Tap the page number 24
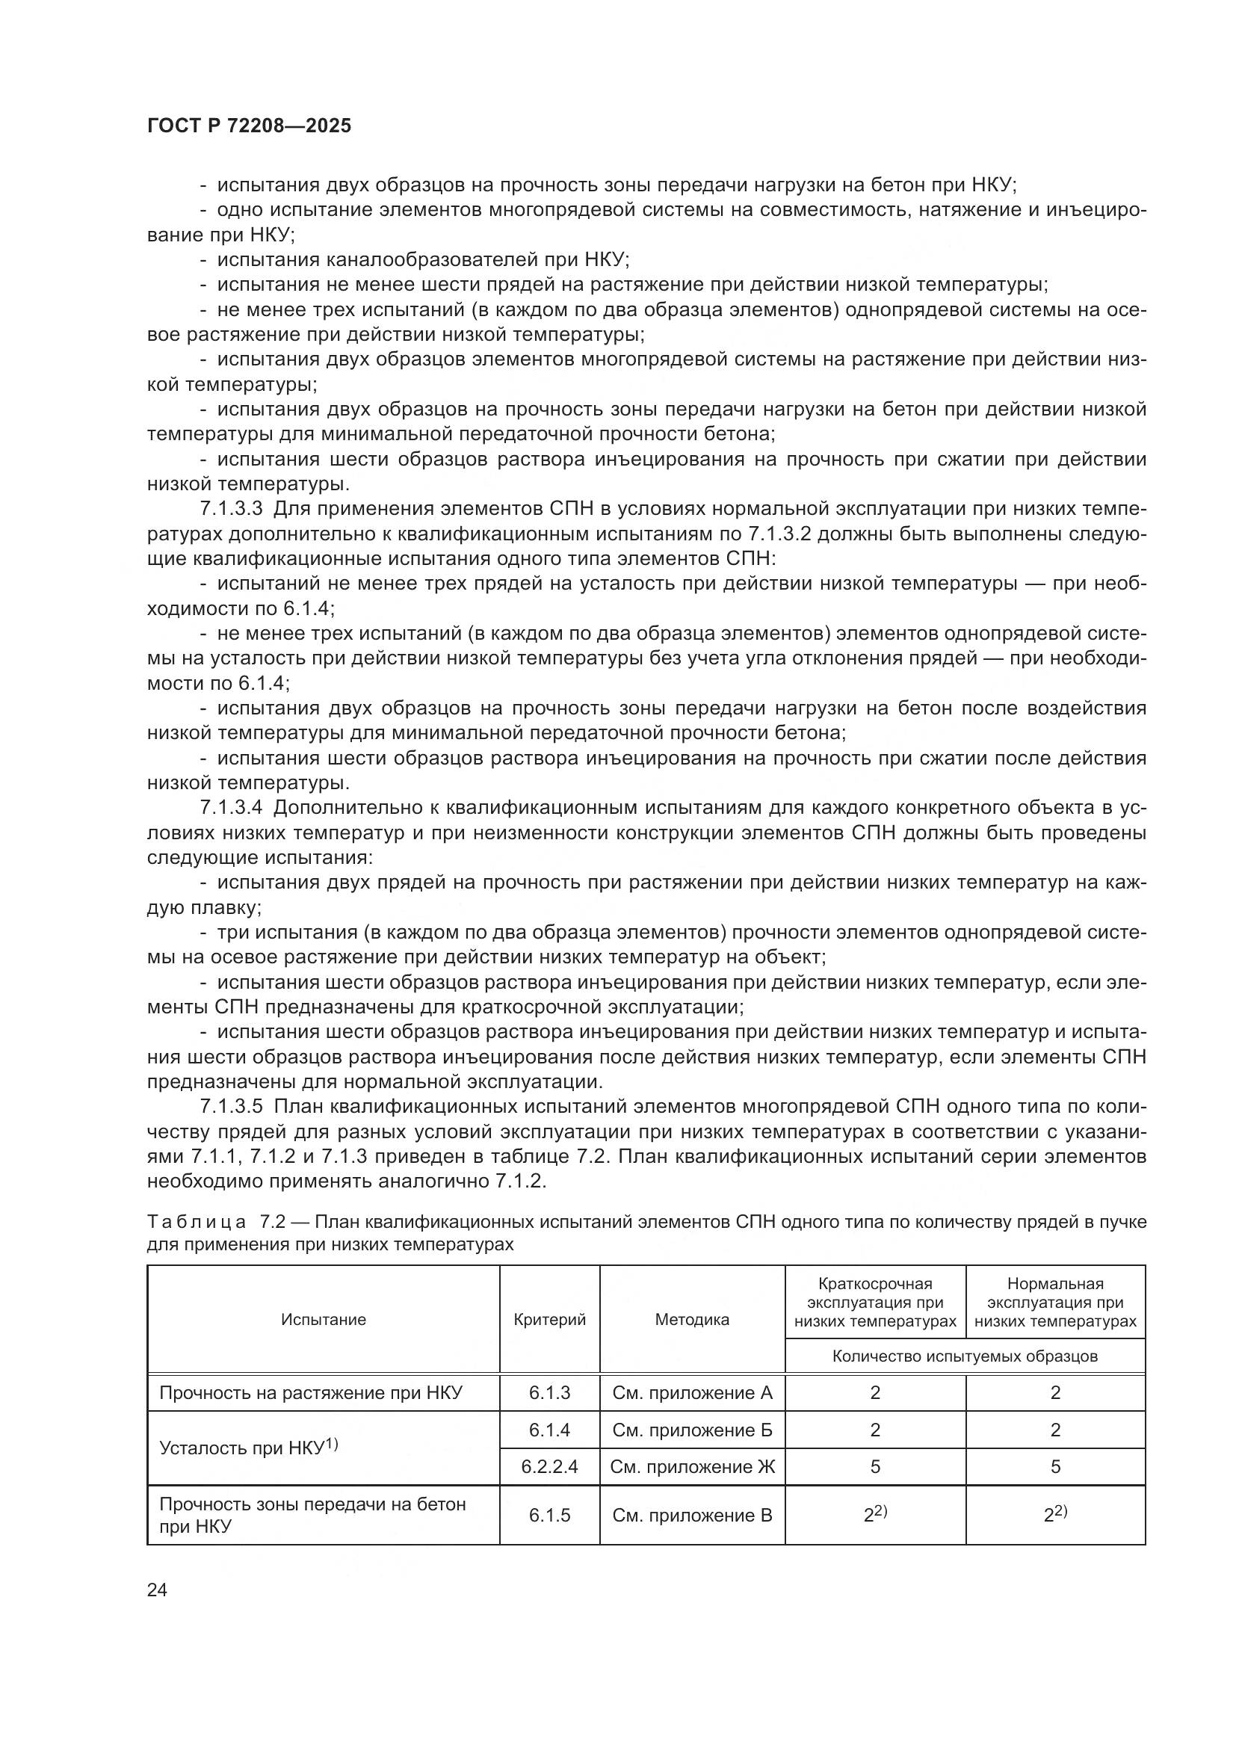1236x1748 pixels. tap(157, 1590)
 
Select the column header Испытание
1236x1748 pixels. tap(324, 1319)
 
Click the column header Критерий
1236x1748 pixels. tap(549, 1319)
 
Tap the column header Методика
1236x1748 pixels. tap(692, 1319)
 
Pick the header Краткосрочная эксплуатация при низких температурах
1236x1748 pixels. tap(875, 1303)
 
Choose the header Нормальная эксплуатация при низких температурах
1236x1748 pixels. tap(1056, 1303)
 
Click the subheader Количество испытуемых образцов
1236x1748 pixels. tap(965, 1356)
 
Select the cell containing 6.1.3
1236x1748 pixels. tap(549, 1392)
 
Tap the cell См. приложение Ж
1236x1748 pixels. tap(692, 1466)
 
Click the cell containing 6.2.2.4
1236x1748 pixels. tap(549, 1466)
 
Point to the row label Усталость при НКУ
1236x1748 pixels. tap(248, 1448)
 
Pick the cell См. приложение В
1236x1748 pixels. tap(692, 1515)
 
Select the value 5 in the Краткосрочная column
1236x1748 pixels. tap(875, 1466)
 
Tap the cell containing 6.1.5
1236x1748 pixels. tap(549, 1515)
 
